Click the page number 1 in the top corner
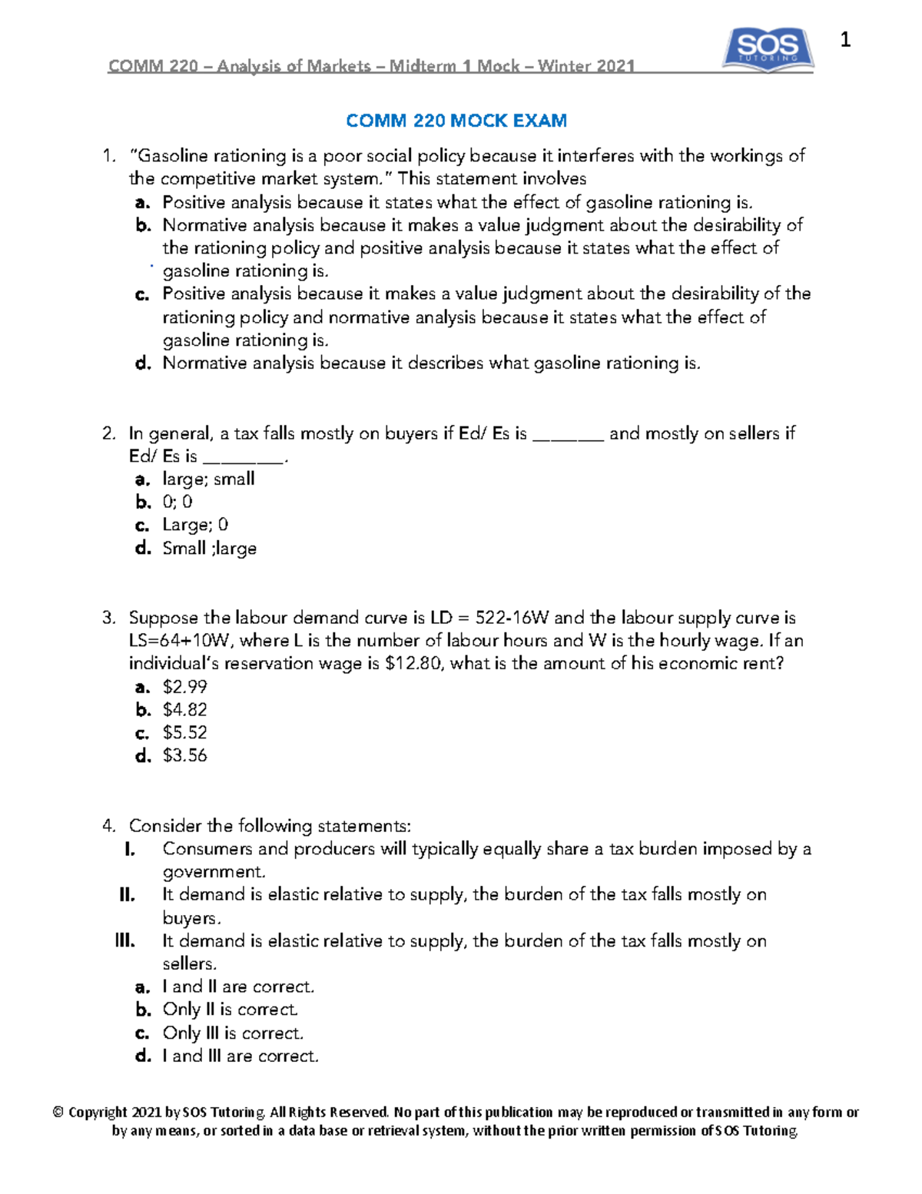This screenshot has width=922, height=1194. pyautogui.click(x=845, y=40)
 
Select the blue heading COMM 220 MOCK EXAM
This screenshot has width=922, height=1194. pyautogui.click(x=456, y=121)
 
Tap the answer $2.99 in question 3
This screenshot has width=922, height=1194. pyautogui.click(x=185, y=686)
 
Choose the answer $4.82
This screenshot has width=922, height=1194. pyautogui.click(x=185, y=709)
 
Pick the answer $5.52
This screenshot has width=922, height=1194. pyautogui.click(x=185, y=732)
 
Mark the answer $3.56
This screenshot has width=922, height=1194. pyautogui.click(x=185, y=755)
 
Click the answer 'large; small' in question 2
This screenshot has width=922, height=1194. pyautogui.click(x=208, y=479)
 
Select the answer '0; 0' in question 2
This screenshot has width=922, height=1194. pyautogui.click(x=177, y=502)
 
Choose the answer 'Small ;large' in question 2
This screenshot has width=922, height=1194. pyautogui.click(x=209, y=548)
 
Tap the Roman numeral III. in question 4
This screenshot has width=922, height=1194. pyautogui.click(x=125, y=940)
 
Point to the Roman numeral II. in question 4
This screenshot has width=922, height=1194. pyautogui.click(x=128, y=894)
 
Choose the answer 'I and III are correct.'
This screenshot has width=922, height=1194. pyautogui.click(x=240, y=1056)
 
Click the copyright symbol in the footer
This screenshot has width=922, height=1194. pyautogui.click(x=58, y=1112)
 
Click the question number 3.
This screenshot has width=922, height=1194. pyautogui.click(x=108, y=618)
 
